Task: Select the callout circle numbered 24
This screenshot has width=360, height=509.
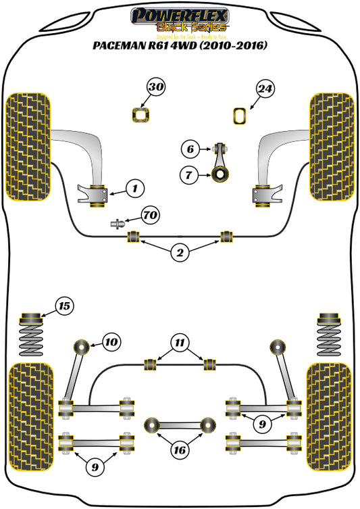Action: pyautogui.click(x=265, y=88)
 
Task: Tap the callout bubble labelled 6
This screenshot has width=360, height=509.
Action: pyautogui.click(x=190, y=149)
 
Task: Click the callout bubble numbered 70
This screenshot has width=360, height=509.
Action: pyautogui.click(x=151, y=216)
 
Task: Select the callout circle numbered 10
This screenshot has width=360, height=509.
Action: pyautogui.click(x=111, y=342)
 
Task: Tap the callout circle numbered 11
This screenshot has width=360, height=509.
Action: pyautogui.click(x=179, y=342)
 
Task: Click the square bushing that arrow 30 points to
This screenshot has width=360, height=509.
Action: pyautogui.click(x=140, y=116)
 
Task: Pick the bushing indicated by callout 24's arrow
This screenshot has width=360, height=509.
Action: pyautogui.click(x=240, y=116)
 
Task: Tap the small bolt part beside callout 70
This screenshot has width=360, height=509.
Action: pyautogui.click(x=118, y=222)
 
